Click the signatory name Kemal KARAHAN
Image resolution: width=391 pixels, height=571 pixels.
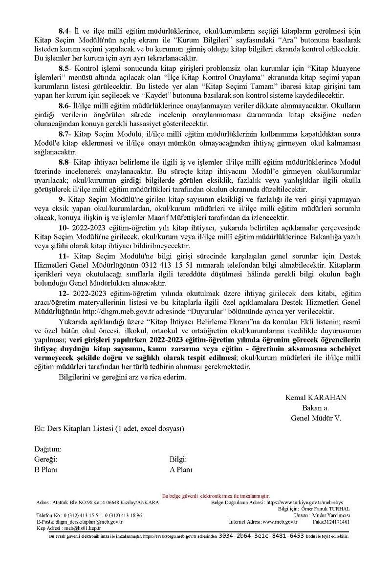pos(316,398)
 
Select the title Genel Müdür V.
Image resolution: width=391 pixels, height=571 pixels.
pos(316,418)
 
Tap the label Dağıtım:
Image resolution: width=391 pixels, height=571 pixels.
pos(47,449)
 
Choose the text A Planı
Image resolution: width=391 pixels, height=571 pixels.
pos(180,469)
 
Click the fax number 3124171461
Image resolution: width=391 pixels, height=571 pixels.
pos(338,522)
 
